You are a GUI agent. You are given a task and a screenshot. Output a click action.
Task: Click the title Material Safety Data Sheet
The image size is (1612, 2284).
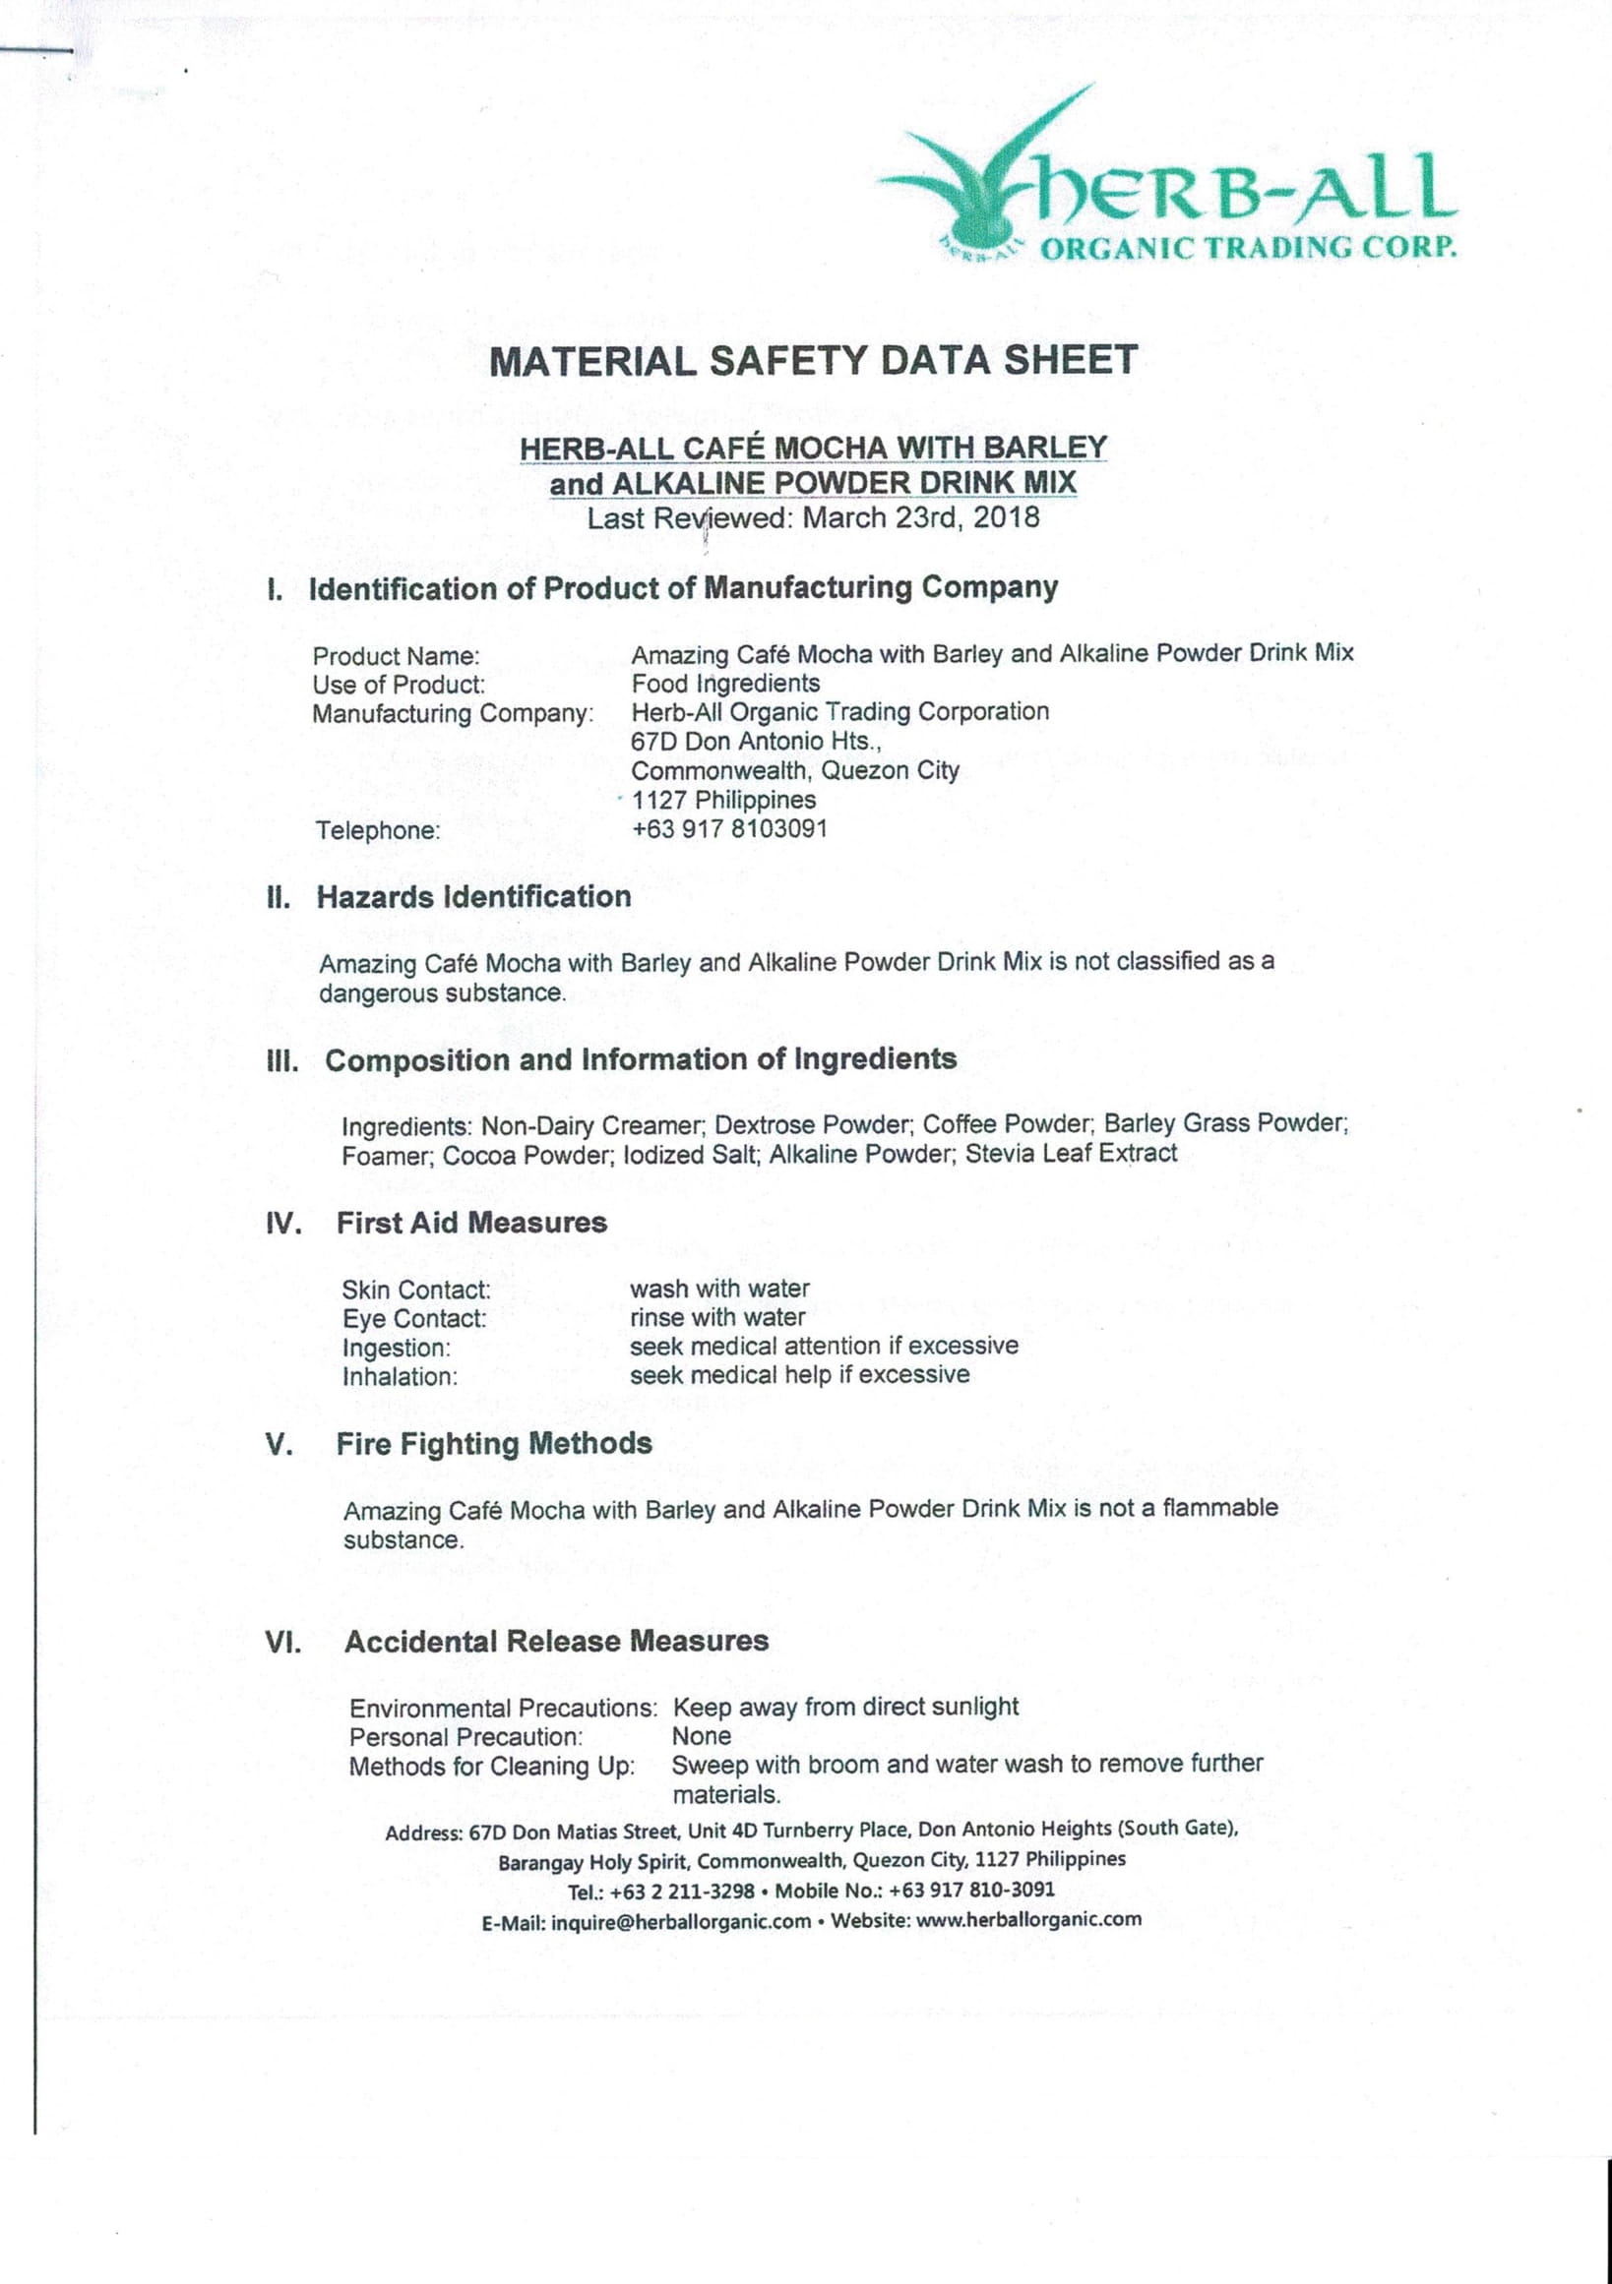tap(813, 360)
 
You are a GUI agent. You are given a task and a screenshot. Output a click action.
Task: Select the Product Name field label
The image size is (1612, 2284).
tap(396, 656)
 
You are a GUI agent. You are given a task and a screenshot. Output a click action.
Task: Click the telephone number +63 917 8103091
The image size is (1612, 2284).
tap(728, 828)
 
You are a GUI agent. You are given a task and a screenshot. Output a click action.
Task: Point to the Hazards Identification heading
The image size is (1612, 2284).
tap(472, 897)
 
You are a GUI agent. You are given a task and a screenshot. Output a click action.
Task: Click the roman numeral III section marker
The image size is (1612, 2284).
tap(282, 1061)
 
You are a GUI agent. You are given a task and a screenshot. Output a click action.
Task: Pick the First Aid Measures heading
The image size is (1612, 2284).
tap(470, 1223)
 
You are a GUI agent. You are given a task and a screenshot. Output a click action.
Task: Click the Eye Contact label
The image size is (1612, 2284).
tap(414, 1319)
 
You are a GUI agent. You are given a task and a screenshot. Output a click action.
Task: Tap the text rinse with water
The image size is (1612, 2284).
tap(716, 1317)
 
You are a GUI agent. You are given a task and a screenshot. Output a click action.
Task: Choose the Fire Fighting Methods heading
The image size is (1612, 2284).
tap(494, 1443)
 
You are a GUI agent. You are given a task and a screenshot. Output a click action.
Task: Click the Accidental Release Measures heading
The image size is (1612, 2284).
tap(555, 1642)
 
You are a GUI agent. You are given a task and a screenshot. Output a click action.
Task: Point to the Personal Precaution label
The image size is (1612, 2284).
tap(465, 1738)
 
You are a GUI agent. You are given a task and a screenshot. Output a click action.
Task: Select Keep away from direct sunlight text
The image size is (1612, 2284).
tap(845, 1707)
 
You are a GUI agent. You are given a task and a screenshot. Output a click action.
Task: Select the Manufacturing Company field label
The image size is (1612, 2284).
tap(453, 714)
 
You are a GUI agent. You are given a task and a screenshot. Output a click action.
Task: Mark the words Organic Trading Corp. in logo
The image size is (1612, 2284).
tap(1248, 247)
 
